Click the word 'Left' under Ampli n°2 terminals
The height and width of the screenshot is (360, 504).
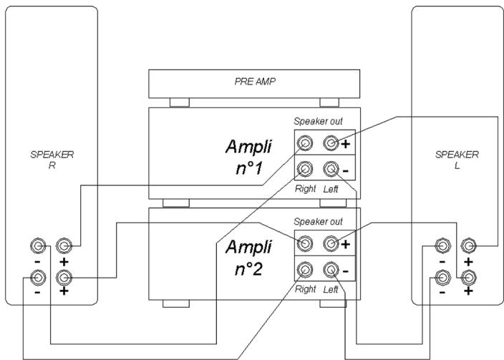point(331,289)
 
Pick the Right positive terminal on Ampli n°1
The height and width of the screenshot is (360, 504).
point(306,144)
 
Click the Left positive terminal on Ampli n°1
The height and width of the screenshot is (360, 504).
point(331,144)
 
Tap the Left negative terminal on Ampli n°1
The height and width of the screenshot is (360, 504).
point(331,170)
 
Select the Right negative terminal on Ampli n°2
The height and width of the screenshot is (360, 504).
point(306,271)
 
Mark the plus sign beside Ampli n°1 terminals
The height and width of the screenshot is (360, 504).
point(346,144)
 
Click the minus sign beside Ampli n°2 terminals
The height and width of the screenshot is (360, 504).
point(346,271)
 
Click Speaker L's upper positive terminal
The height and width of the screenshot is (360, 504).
point(469,246)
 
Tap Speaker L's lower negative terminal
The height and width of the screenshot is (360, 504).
point(442,276)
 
